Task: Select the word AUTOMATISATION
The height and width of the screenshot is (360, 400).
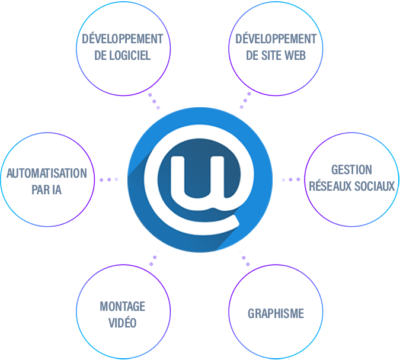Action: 46,174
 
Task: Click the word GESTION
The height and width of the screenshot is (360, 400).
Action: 351,170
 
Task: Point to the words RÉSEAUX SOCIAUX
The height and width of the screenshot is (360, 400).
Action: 352,186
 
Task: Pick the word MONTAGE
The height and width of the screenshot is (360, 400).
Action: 122,306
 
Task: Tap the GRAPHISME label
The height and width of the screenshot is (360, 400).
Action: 276,313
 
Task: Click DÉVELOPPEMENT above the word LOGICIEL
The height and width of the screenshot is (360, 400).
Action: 123,39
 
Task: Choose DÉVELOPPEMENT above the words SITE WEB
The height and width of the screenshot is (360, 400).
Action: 273,39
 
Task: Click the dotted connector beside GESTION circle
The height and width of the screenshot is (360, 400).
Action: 290,179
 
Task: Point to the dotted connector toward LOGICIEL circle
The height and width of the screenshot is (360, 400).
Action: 155,101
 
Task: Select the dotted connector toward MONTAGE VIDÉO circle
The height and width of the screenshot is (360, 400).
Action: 155,256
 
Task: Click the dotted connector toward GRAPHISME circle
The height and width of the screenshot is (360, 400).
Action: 244,256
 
